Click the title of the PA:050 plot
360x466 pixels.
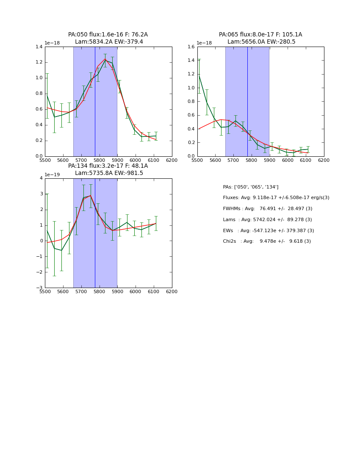[x=108, y=38]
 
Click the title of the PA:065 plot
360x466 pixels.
[x=260, y=38]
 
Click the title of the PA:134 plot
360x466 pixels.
[x=108, y=169]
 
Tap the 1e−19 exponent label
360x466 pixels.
[x=52, y=175]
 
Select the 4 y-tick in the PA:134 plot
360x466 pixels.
[x=41, y=178]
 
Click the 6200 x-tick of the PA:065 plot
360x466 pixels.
[x=324, y=160]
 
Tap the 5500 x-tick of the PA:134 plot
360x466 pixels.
[x=45, y=291]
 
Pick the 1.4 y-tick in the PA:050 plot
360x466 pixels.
[x=39, y=47]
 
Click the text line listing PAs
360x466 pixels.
[x=251, y=187]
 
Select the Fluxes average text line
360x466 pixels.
[x=276, y=198]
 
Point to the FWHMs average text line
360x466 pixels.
[x=268, y=209]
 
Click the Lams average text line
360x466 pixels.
[x=267, y=220]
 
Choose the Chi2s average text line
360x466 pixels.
[x=267, y=241]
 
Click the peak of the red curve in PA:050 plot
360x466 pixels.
[x=105, y=59]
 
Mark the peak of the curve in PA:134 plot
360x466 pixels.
[x=90, y=195]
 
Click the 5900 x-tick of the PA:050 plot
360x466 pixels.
[x=117, y=160]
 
